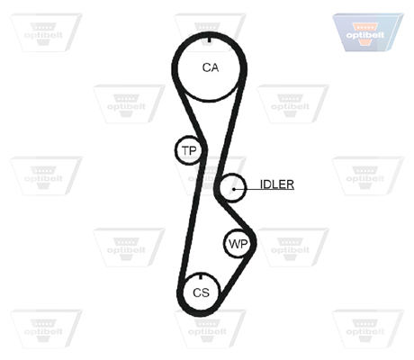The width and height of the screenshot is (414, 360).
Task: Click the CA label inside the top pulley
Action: pyautogui.click(x=211, y=67)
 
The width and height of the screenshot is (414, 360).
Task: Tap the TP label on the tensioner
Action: pyautogui.click(x=189, y=150)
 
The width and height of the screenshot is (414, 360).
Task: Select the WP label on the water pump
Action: pyautogui.click(x=238, y=244)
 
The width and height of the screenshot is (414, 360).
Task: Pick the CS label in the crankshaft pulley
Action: pyautogui.click(x=201, y=292)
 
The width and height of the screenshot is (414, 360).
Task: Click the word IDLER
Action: pyautogui.click(x=277, y=184)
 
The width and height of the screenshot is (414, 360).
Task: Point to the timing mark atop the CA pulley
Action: pyautogui.click(x=209, y=40)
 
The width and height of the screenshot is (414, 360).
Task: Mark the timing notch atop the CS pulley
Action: pyautogui.click(x=201, y=275)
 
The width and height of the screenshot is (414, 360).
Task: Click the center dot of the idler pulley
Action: pyautogui.click(x=234, y=189)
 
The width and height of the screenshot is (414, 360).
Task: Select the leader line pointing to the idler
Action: pyautogui.click(x=264, y=189)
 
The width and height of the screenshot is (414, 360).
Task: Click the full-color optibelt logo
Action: pyautogui.click(x=368, y=32)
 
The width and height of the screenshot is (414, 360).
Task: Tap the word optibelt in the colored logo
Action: pyautogui.click(x=365, y=35)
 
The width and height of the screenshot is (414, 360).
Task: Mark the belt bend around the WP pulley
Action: pyautogui.click(x=254, y=243)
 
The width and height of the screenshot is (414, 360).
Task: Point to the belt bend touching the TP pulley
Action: pyautogui.click(x=204, y=149)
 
